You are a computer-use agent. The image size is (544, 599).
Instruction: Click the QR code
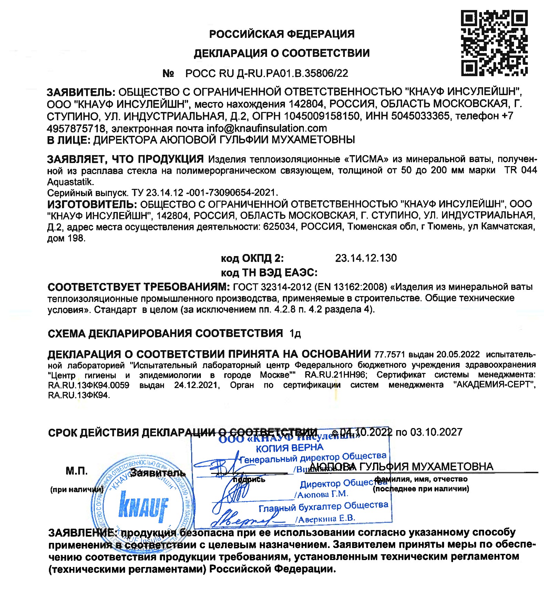point(494,43)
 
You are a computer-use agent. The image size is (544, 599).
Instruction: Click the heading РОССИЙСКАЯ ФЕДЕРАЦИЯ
point(282,34)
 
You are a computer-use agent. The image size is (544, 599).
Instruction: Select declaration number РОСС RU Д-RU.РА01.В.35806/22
point(267,73)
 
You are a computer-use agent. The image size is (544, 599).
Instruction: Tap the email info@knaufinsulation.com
point(267,129)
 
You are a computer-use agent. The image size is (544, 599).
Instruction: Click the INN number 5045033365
point(420,116)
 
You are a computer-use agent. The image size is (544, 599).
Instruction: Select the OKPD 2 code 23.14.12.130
point(366,258)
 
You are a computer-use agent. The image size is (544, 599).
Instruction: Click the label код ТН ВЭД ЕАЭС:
point(269,273)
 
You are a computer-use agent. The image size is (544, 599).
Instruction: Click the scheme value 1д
point(295,334)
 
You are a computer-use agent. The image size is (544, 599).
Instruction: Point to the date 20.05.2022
point(458,355)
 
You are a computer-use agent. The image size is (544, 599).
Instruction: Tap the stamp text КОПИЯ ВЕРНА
point(289,448)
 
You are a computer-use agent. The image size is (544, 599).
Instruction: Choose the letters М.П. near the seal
point(76,471)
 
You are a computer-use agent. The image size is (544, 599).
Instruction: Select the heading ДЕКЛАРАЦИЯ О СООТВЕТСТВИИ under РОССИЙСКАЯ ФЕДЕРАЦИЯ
point(282,53)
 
